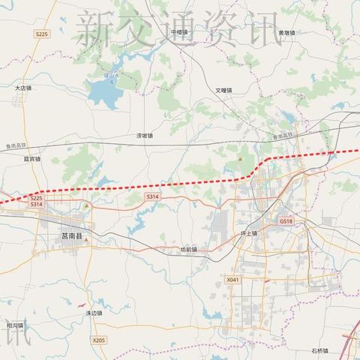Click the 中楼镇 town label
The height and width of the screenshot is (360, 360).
point(179,33)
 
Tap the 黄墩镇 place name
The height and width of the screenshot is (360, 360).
point(286,33)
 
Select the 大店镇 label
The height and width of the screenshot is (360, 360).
point(25,88)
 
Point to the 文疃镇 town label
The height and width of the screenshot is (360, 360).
point(224,90)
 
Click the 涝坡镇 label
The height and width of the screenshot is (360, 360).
point(144,136)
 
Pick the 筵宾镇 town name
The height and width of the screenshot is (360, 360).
point(32,159)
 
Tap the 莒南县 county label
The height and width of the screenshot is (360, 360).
point(73,235)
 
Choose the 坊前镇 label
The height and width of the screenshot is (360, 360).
point(189,250)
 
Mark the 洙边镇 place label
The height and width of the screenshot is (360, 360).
point(94,313)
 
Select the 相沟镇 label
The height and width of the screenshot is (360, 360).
point(15,325)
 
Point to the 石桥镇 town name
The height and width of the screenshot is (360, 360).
point(320,350)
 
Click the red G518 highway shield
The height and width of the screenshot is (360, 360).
point(286,221)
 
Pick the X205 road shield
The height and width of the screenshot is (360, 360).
point(99,340)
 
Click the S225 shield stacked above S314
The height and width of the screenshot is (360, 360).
point(37,197)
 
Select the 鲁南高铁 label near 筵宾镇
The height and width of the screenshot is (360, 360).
point(13,145)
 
